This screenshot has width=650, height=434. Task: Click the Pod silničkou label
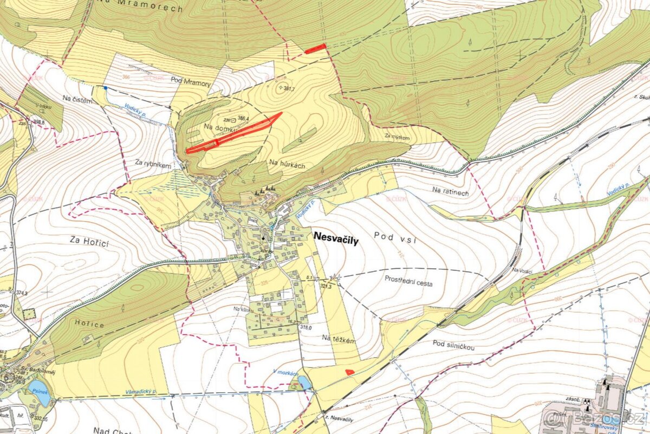(453, 345)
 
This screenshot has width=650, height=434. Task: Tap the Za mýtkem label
(397, 138)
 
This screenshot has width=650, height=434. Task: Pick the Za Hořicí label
(89, 239)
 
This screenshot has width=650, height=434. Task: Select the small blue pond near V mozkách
(304, 383)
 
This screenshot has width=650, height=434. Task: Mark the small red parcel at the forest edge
(315, 49)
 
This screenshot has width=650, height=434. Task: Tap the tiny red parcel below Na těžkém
(349, 371)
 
